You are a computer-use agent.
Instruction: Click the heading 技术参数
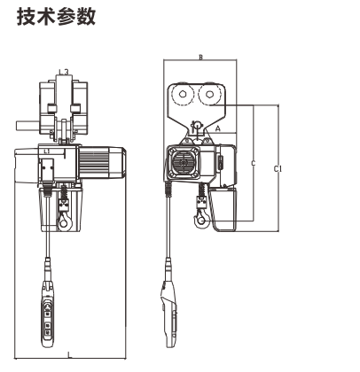[x=56, y=17]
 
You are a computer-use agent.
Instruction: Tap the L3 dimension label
[x=64, y=72]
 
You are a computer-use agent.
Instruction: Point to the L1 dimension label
[x=46, y=151]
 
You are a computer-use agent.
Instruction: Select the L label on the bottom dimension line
[x=70, y=354]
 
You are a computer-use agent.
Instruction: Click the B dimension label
[x=200, y=57]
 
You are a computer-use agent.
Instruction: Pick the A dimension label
[x=218, y=128]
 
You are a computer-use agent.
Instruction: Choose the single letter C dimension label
[x=253, y=163]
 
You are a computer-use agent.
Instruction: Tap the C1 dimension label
[x=278, y=169]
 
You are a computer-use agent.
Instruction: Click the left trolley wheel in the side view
[x=183, y=95]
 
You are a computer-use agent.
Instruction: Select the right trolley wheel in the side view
[x=209, y=95]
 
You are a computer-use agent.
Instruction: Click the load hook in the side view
[x=201, y=219]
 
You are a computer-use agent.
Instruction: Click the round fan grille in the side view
[x=182, y=162]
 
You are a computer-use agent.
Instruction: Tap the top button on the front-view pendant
[x=47, y=307]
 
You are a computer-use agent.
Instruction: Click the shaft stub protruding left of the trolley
[x=27, y=126]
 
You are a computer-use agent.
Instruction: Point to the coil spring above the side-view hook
[x=203, y=190]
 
